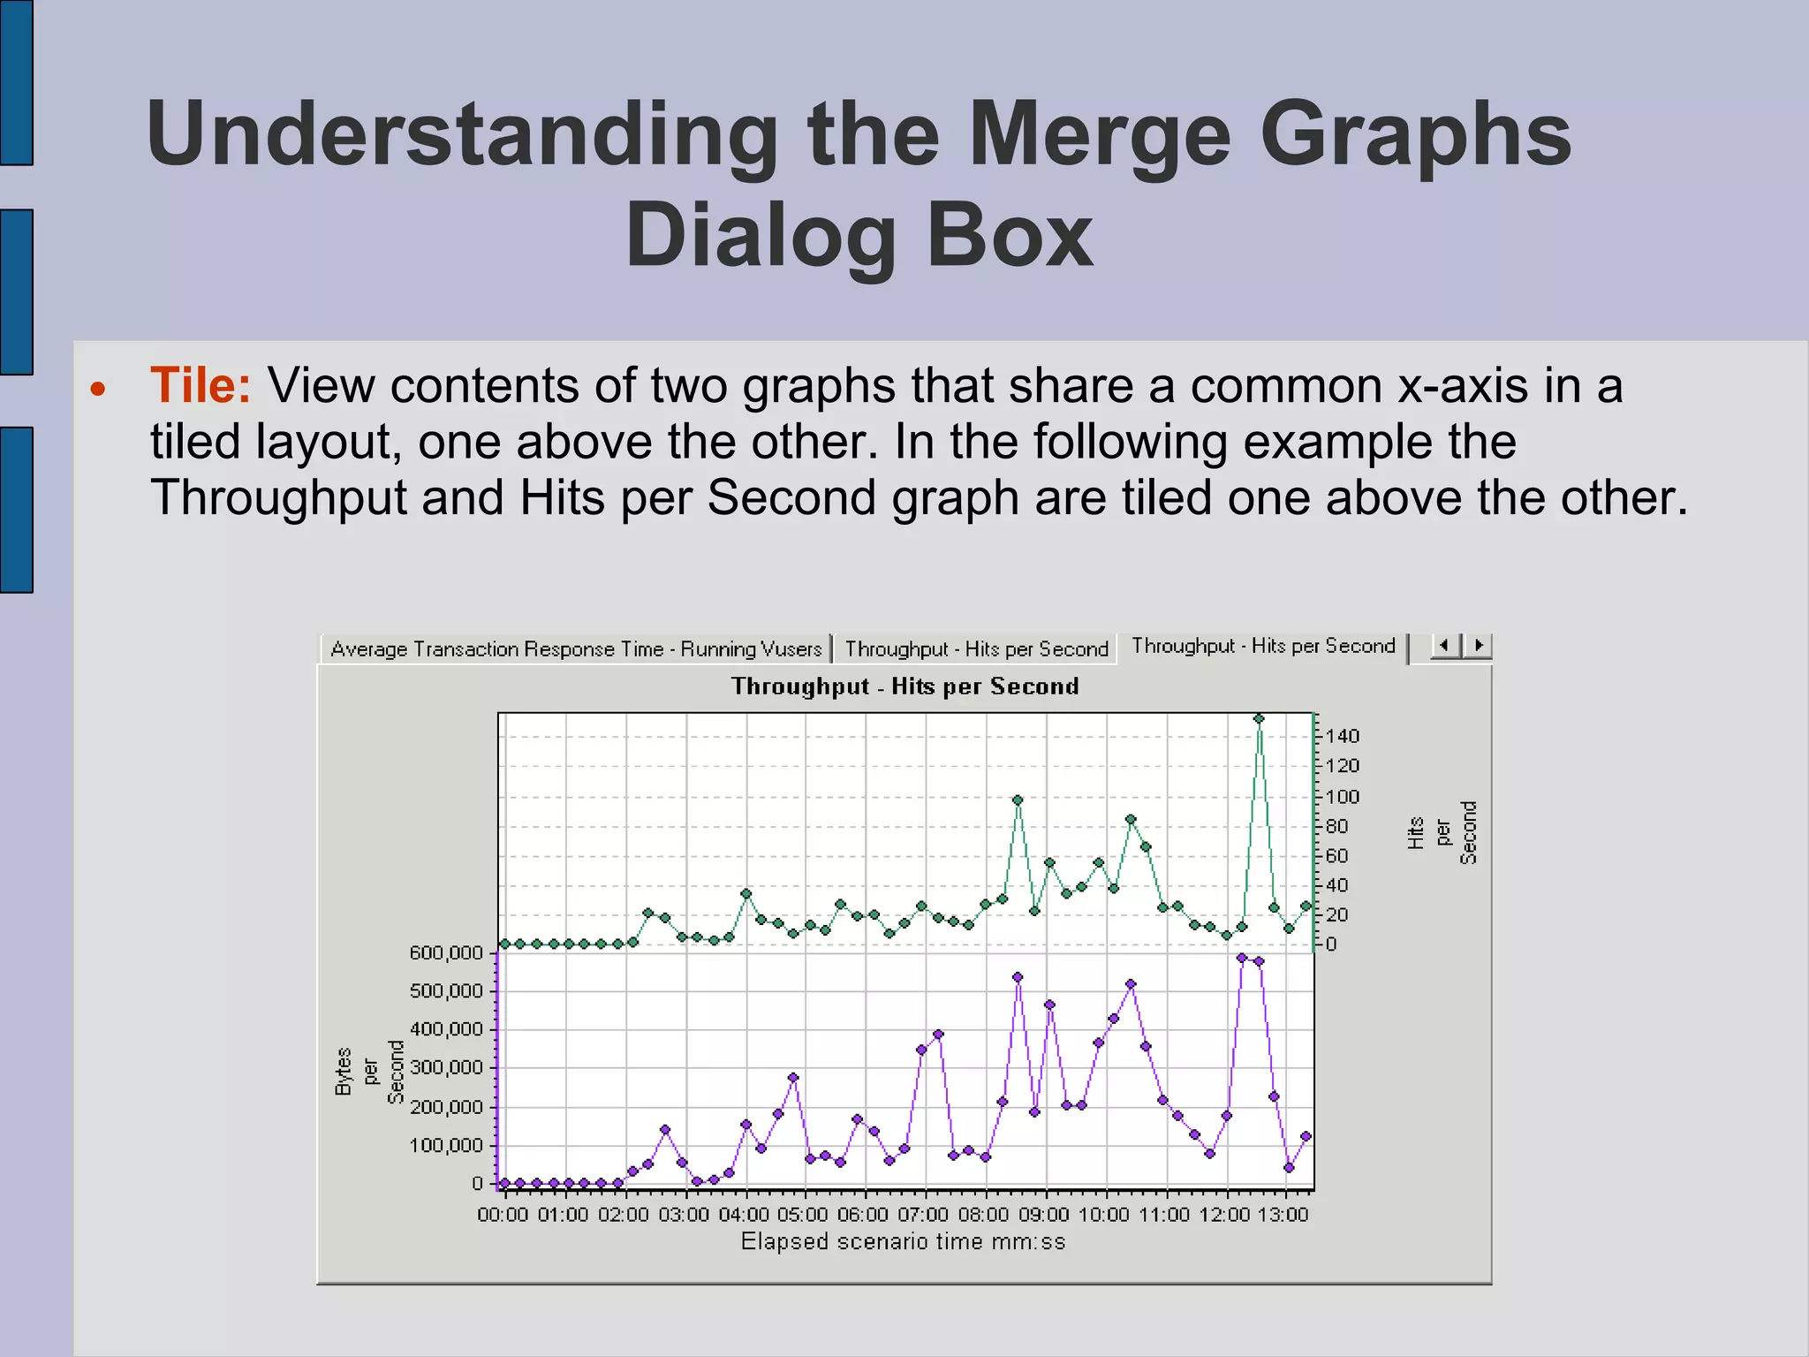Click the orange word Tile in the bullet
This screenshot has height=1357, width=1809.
(200, 386)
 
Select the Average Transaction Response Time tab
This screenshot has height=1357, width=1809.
(576, 649)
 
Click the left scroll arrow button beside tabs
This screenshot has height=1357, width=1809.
(1444, 646)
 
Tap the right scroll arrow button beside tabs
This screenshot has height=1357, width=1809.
(1479, 646)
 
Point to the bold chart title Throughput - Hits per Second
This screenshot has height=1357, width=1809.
(904, 686)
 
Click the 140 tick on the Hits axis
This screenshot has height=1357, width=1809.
(1342, 736)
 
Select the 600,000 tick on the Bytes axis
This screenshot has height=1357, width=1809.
(446, 952)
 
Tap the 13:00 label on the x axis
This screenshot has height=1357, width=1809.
(1283, 1215)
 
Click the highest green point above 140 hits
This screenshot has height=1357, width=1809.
(1259, 719)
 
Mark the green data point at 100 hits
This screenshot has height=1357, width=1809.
(1018, 800)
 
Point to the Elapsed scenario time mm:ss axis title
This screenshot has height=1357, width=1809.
(903, 1242)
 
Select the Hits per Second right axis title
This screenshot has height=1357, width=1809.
(1442, 833)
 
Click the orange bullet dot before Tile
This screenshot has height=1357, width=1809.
(98, 389)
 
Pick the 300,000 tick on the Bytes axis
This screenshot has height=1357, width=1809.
(446, 1067)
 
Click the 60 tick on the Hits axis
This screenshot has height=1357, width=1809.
(1336, 855)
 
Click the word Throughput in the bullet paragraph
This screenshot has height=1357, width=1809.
(278, 498)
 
